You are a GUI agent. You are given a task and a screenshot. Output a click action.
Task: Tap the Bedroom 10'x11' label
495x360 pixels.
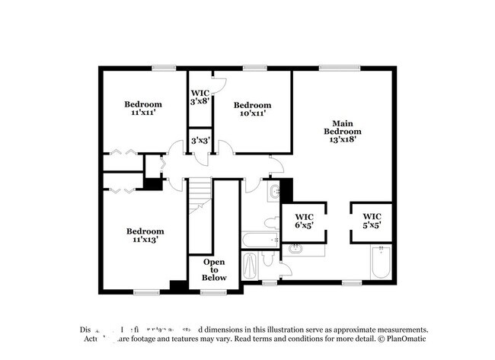252,110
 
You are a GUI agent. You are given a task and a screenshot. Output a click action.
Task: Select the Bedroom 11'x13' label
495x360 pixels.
145,235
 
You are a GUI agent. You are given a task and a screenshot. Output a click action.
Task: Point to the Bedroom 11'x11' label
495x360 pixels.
144,109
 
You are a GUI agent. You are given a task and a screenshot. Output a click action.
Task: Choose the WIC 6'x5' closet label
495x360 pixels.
303,220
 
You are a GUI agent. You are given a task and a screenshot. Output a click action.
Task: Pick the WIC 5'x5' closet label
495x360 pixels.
372,220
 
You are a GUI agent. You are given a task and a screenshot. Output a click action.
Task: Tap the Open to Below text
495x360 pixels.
214,269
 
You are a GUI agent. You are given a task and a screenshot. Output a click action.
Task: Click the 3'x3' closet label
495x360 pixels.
200,141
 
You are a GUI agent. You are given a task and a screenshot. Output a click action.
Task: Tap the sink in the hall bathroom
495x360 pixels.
273,192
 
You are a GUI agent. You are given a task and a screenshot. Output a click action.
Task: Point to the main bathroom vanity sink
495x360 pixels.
295,248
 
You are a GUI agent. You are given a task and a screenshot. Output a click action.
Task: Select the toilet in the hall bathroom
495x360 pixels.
271,223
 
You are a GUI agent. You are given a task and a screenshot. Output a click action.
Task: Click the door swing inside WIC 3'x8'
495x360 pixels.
217,86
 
